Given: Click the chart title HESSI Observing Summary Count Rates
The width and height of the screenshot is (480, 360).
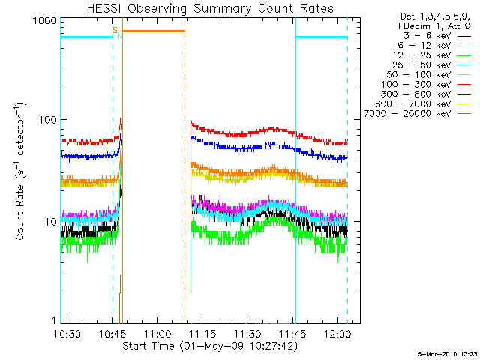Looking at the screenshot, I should [211, 8].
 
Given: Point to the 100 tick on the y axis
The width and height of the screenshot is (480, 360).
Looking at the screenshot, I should [48, 120].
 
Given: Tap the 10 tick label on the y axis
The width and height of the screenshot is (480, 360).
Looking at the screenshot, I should [51, 222].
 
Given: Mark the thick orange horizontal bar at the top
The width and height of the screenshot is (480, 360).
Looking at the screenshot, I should [154, 31].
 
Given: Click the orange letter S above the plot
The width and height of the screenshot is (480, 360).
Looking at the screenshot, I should [115, 29].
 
